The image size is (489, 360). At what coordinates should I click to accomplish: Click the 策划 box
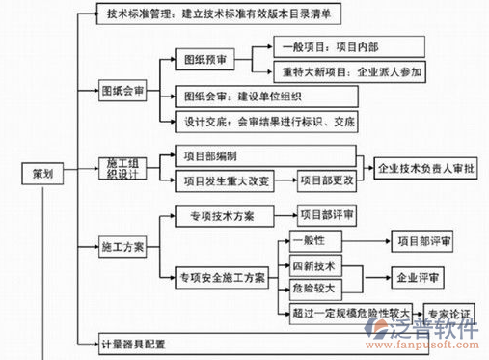(41, 174)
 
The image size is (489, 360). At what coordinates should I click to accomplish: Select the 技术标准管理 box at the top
(222, 14)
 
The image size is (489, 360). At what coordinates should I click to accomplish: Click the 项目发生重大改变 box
(226, 180)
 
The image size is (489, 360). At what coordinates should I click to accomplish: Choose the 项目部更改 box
(326, 180)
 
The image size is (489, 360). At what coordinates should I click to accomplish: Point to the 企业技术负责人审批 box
(423, 167)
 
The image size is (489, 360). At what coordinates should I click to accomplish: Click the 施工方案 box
(122, 247)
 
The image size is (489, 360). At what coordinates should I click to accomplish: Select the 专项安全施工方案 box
(221, 278)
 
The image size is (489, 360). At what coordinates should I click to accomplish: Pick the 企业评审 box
(417, 278)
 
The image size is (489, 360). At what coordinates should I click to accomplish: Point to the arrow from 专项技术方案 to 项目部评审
(285, 215)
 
